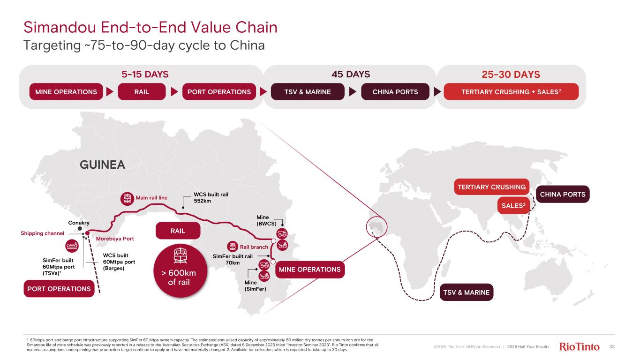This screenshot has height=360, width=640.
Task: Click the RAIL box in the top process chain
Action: click(142, 92)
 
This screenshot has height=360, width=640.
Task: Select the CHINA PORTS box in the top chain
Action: click(395, 92)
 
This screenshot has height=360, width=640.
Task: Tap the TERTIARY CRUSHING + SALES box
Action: click(511, 92)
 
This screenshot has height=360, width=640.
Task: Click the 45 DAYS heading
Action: click(351, 74)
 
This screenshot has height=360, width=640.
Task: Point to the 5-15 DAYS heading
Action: click(145, 74)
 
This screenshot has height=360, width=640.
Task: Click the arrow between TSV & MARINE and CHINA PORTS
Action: click(353, 92)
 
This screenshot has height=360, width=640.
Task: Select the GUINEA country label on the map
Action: click(102, 165)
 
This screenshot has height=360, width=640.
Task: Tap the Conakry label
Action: click(79, 223)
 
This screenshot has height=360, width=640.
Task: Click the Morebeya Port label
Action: click(115, 239)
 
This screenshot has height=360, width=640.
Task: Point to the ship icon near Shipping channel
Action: click(72, 246)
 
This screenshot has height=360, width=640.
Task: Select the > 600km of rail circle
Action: click(180, 271)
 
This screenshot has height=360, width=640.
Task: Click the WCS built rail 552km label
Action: click(211, 197)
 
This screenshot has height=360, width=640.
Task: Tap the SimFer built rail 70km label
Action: click(233, 259)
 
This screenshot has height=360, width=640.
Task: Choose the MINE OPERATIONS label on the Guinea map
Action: click(310, 270)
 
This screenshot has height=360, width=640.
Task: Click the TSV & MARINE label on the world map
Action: click(466, 292)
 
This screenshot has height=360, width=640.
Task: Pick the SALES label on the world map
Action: click(513, 205)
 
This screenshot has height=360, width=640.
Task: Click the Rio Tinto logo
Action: click(579, 346)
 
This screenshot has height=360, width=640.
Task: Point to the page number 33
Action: click(612, 346)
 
